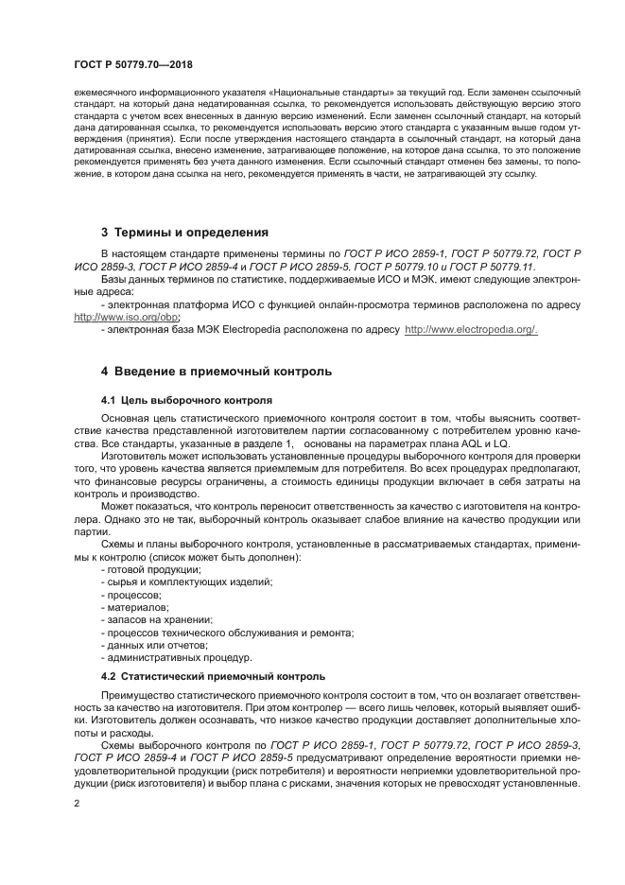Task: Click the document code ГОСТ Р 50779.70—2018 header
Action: click(140, 64)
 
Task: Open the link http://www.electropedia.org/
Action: click(471, 329)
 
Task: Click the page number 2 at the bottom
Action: click(78, 803)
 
